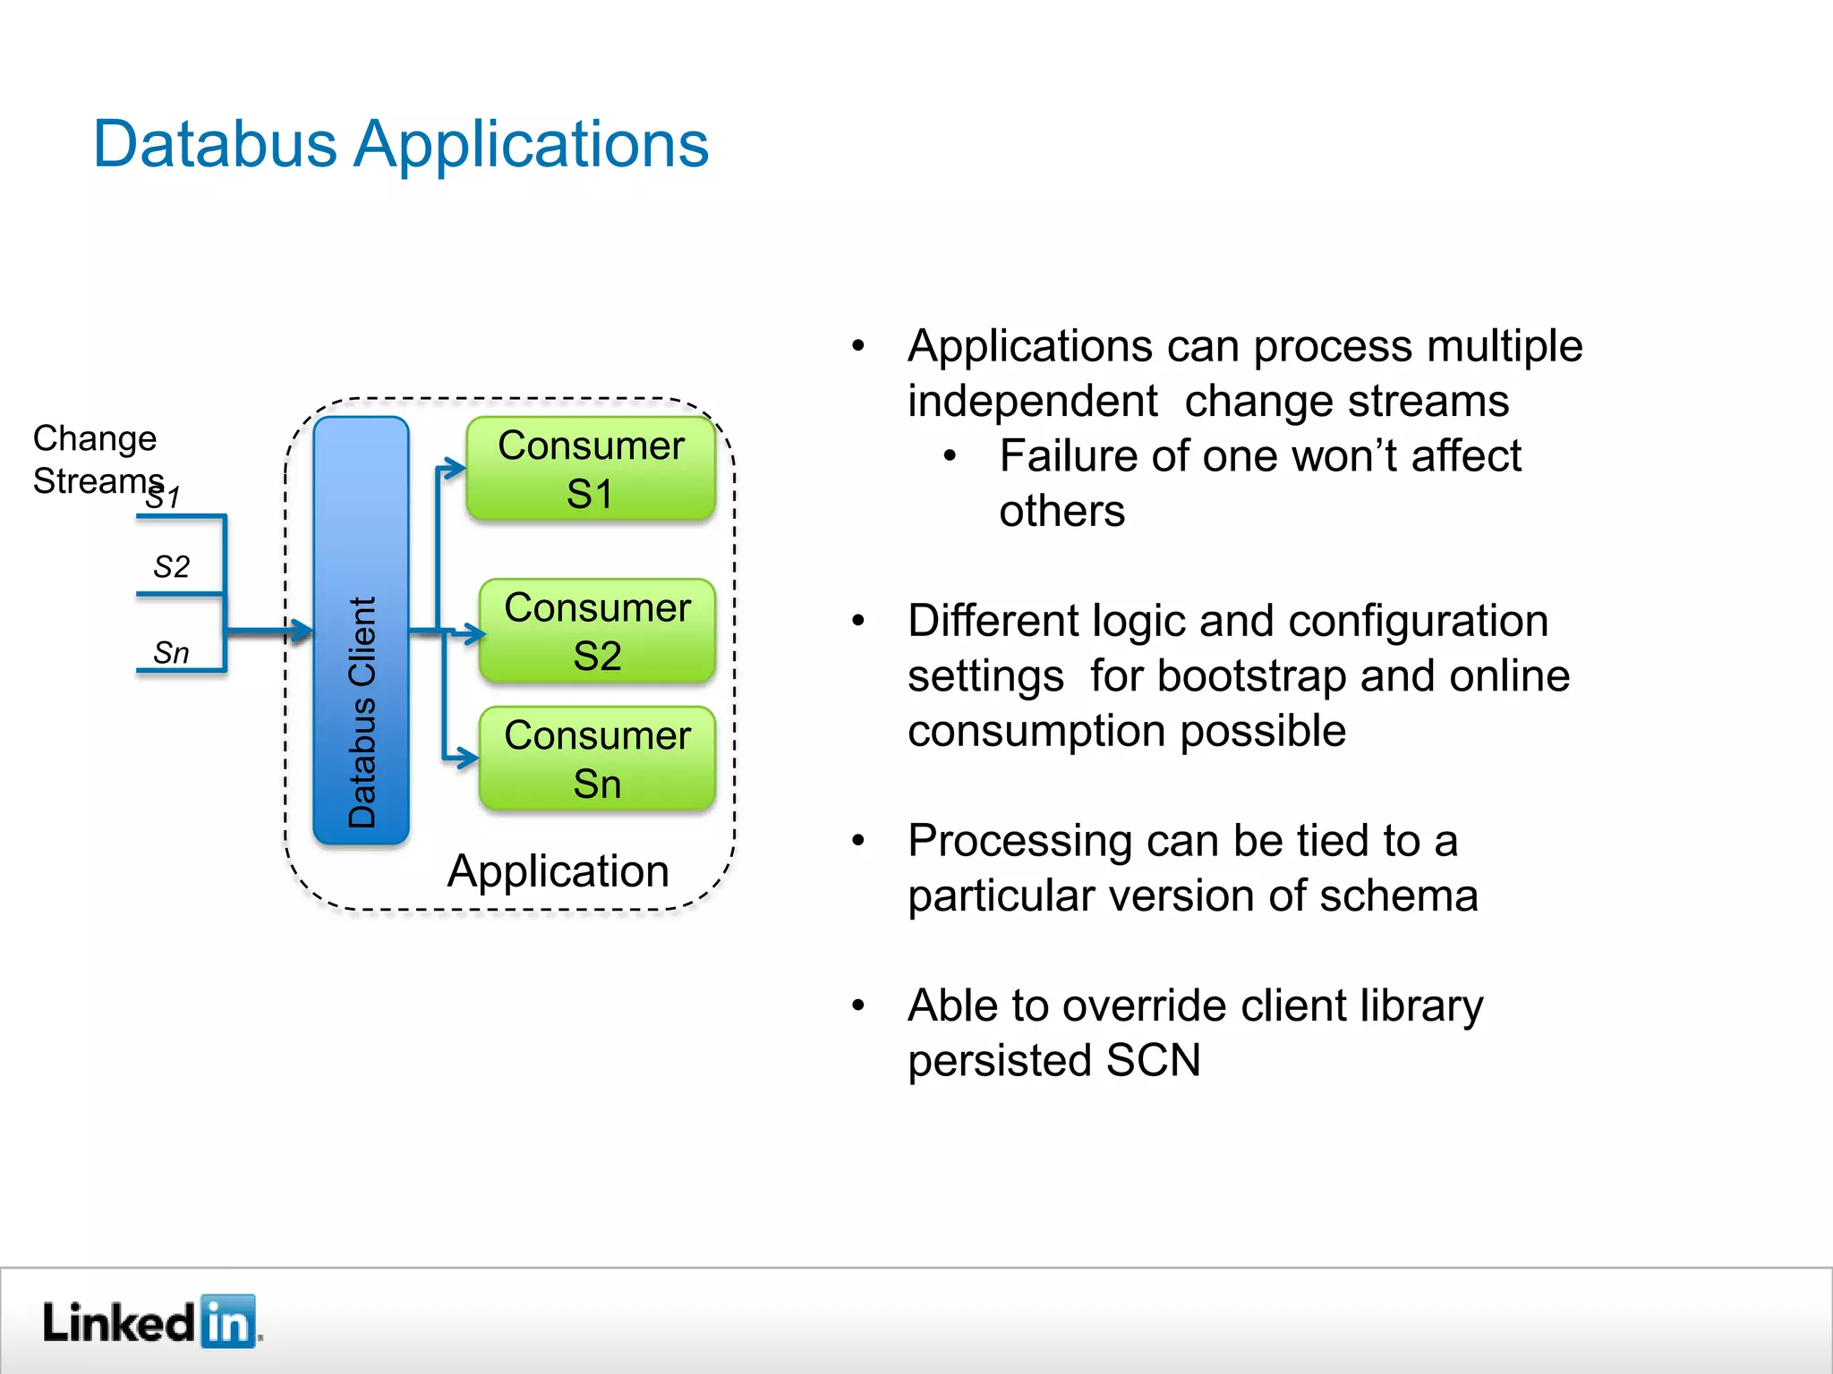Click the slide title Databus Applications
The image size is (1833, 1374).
[x=401, y=144]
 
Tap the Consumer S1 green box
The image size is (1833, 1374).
[x=591, y=469]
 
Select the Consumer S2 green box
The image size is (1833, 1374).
[x=597, y=632]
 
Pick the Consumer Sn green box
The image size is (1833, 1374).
[x=597, y=759]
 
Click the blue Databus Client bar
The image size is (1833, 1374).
[x=361, y=631]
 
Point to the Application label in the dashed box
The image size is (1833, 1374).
[x=558, y=870]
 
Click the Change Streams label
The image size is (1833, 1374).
[x=96, y=459]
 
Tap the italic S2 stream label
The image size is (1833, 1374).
[x=171, y=567]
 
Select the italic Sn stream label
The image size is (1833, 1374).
[x=171, y=653]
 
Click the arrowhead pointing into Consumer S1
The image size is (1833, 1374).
[x=456, y=467]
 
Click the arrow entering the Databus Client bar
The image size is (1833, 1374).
[x=300, y=632]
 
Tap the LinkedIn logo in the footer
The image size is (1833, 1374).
[x=150, y=1322]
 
